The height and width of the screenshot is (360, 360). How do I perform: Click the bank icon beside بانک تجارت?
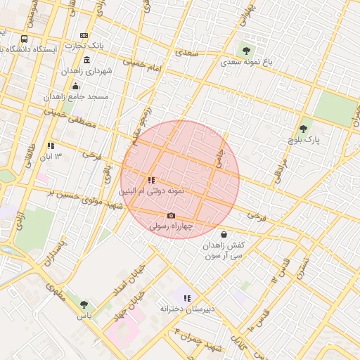(84, 36)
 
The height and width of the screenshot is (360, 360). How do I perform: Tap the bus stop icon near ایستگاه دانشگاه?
(25, 39)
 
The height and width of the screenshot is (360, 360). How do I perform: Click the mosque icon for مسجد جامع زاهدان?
(75, 86)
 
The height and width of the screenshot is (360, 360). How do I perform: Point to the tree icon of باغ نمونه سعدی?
(246, 50)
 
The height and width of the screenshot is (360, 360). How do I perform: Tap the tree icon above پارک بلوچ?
(303, 129)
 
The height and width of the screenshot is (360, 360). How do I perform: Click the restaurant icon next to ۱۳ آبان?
(50, 146)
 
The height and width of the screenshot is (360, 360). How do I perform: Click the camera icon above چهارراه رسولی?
(171, 216)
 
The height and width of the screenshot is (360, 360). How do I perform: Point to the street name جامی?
(219, 157)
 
